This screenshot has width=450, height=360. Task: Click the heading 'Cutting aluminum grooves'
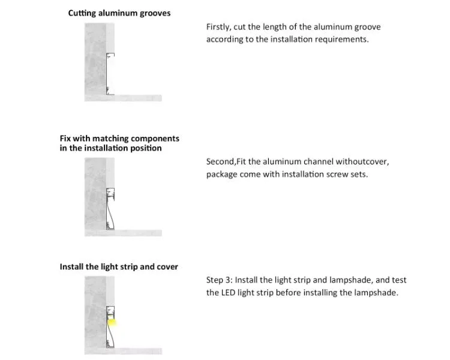119,13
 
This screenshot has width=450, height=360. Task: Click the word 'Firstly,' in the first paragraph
218,27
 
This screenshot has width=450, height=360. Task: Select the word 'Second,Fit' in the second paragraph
226,161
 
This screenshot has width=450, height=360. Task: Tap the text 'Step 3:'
219,280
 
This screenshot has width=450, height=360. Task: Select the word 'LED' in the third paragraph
228,293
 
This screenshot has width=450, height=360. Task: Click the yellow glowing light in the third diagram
112,322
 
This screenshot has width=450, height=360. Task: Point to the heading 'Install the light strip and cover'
119,267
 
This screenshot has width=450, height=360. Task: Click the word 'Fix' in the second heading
65,139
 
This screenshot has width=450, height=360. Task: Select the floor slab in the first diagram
123,98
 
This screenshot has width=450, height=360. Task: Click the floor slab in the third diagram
123,351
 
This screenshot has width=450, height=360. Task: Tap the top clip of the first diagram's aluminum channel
110,55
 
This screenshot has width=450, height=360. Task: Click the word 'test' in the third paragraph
398,280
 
